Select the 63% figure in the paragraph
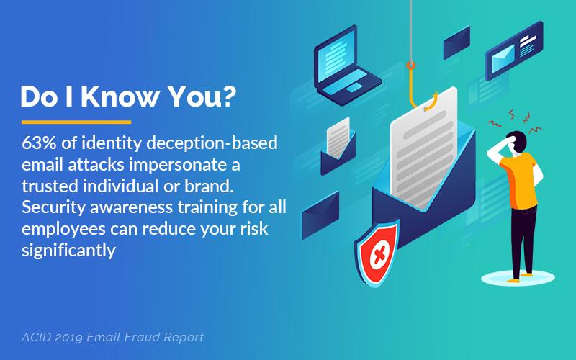pyautogui.click(x=39, y=143)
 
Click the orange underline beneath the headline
pyautogui.click(x=76, y=122)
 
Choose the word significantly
pyautogui.click(x=68, y=251)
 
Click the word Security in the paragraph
pyautogui.click(x=53, y=208)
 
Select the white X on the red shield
pyautogui.click(x=379, y=253)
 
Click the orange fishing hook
pyautogui.click(x=420, y=88)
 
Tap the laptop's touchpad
pyautogui.click(x=354, y=87)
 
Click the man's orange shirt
pyautogui.click(x=521, y=181)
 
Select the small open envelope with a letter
pyautogui.click(x=338, y=147)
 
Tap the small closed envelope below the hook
pyautogui.click(x=320, y=215)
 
